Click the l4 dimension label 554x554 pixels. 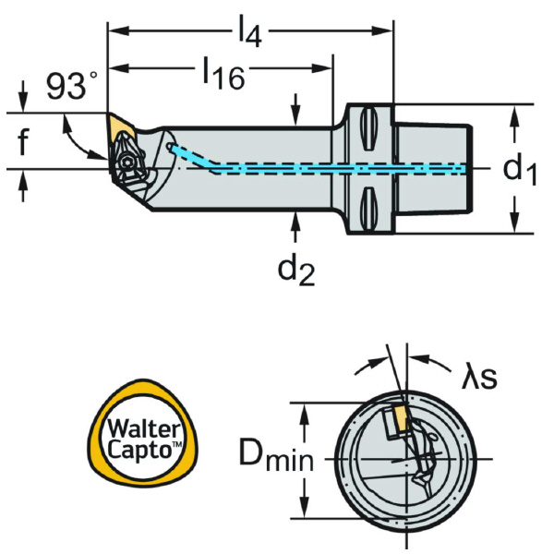pyautogui.click(x=247, y=34)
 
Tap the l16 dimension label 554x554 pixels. pyautogui.click(x=222, y=73)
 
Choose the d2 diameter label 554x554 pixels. pyautogui.click(x=296, y=269)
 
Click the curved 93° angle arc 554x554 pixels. pyautogui.click(x=79, y=138)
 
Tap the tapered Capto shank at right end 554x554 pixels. pyautogui.click(x=435, y=169)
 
